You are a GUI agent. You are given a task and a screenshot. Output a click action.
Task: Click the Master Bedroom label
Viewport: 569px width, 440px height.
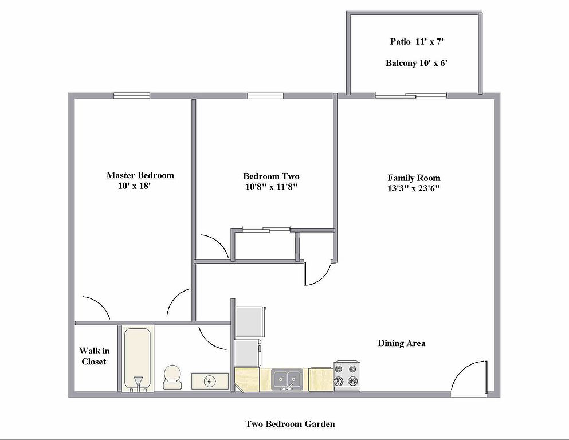click(x=140, y=175)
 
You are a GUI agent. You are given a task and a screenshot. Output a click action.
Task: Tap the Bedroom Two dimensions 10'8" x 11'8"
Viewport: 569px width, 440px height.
click(x=272, y=187)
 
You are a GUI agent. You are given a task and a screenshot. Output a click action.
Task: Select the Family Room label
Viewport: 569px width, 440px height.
click(x=414, y=178)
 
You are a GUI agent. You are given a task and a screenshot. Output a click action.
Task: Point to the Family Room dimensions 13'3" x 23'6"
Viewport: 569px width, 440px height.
click(x=414, y=188)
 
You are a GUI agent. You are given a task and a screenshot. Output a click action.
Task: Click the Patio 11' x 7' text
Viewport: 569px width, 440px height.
click(x=417, y=41)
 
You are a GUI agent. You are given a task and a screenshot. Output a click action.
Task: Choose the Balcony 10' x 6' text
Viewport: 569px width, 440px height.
click(x=416, y=63)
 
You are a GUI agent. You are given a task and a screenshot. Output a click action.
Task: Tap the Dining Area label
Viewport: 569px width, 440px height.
click(x=402, y=343)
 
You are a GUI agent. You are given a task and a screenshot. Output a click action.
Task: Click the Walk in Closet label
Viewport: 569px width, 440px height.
click(x=94, y=356)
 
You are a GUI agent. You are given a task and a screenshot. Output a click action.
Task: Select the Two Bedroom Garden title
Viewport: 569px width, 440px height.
click(x=291, y=424)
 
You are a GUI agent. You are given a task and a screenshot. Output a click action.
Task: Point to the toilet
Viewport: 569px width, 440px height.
click(x=172, y=377)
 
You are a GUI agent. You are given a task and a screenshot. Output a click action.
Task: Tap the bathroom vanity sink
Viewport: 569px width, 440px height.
click(x=210, y=381)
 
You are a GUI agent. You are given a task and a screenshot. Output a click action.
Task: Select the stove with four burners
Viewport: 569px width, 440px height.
click(x=347, y=376)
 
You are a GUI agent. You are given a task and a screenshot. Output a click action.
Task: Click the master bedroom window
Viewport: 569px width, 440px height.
click(x=132, y=96)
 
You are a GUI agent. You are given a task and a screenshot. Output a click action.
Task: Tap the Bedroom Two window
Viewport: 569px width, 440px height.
click(x=265, y=96)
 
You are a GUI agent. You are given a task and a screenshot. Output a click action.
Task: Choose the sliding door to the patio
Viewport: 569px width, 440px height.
click(x=411, y=96)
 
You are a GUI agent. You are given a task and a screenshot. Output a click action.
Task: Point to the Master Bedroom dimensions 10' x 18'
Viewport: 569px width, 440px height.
click(x=134, y=186)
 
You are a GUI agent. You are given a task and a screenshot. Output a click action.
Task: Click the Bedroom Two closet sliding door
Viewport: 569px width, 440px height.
click(x=266, y=230)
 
